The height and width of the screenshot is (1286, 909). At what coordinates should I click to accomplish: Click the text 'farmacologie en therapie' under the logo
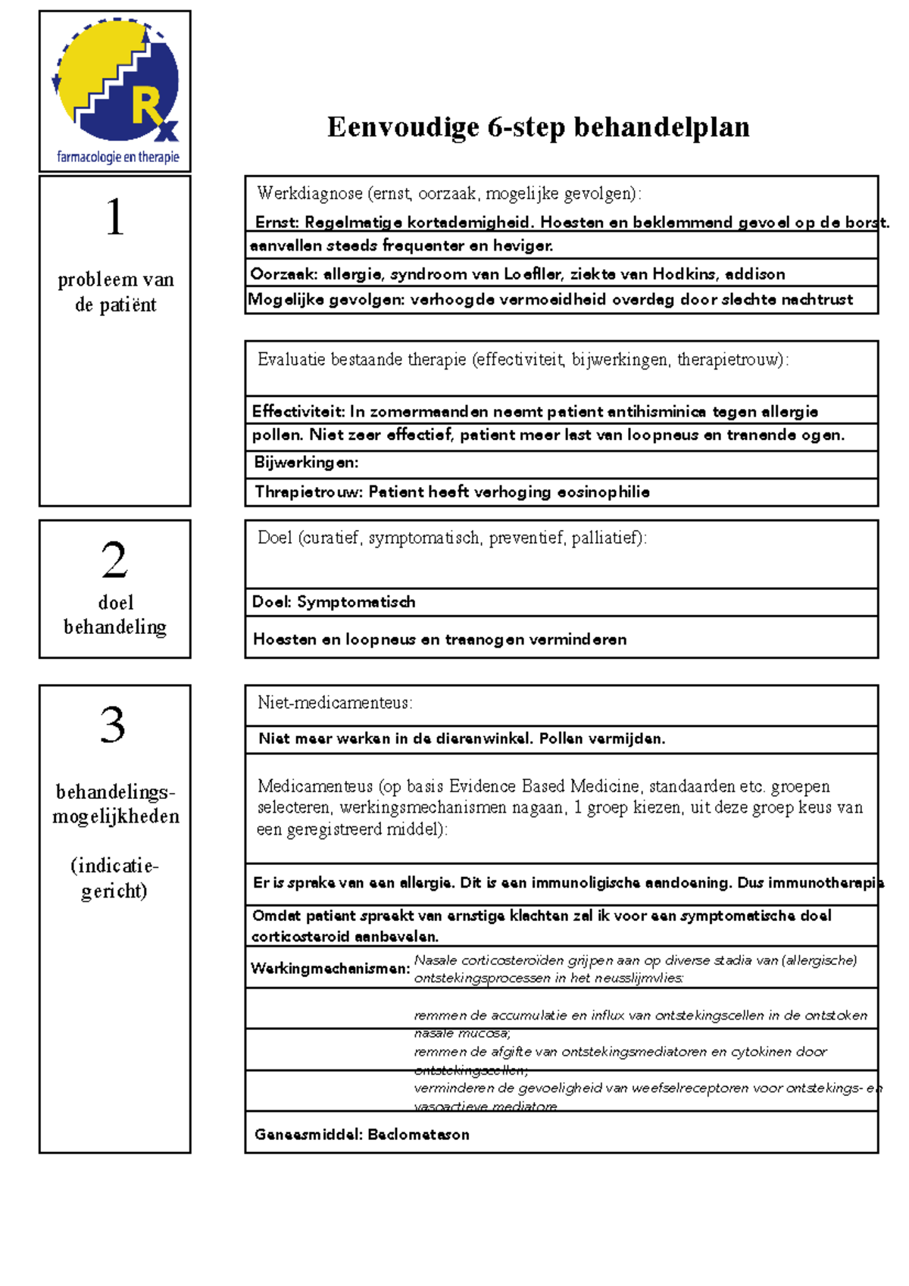pyautogui.click(x=117, y=158)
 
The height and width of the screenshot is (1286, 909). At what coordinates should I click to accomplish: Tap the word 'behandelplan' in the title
pyautogui.click(x=661, y=127)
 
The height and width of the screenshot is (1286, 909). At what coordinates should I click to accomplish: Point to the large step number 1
pyautogui.click(x=114, y=217)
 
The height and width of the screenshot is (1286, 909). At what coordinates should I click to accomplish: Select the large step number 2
pyautogui.click(x=114, y=560)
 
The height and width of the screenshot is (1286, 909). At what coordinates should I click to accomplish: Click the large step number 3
pyautogui.click(x=113, y=725)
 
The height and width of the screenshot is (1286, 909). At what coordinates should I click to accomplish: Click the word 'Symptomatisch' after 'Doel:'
pyautogui.click(x=356, y=602)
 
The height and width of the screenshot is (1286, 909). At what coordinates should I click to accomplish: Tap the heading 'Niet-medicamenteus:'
pyautogui.click(x=335, y=703)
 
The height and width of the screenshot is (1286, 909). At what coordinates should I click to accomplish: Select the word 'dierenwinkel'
pyautogui.click(x=482, y=739)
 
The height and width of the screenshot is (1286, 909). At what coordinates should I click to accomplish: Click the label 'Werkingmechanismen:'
pyautogui.click(x=330, y=969)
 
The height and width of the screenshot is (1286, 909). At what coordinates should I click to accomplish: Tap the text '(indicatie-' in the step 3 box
pyautogui.click(x=114, y=866)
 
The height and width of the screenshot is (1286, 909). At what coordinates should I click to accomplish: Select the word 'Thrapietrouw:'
pyautogui.click(x=308, y=492)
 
